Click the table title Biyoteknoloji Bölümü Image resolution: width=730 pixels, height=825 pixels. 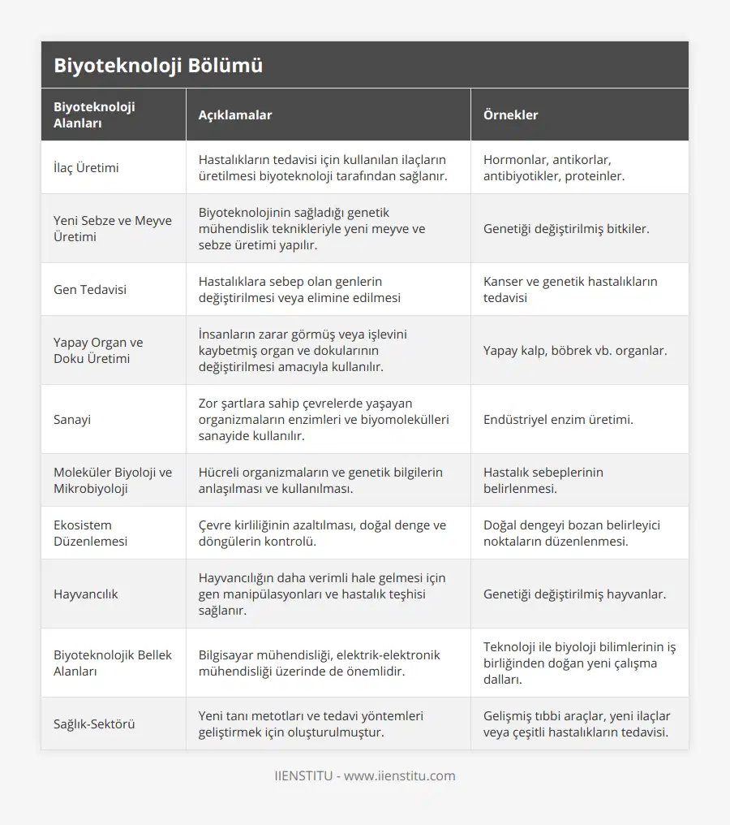point(158,66)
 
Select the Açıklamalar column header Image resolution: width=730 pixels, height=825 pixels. point(235,114)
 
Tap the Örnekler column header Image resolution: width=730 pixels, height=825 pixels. point(510,114)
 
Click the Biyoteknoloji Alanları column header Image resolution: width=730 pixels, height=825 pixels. point(94,114)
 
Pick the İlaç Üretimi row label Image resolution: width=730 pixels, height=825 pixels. point(86,167)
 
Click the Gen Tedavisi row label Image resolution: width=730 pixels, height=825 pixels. point(90,289)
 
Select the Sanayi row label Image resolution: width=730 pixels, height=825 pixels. point(73,419)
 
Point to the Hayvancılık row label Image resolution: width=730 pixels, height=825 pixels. point(86,594)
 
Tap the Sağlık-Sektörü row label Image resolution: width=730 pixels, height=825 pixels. point(94,723)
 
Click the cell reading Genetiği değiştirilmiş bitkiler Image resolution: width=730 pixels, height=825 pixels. point(566,228)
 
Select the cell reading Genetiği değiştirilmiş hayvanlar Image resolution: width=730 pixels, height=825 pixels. point(574,594)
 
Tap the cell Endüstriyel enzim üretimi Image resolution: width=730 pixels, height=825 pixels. point(558,419)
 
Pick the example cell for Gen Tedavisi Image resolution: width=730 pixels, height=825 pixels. point(570,289)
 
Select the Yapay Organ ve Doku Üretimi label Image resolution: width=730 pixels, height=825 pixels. point(98,350)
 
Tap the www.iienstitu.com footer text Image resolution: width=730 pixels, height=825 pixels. point(399,775)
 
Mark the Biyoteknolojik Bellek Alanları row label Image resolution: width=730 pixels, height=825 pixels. point(113,663)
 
